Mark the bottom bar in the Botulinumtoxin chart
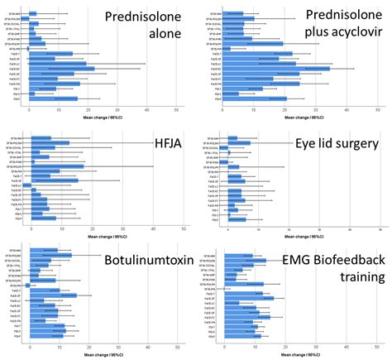click(x=46, y=335)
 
